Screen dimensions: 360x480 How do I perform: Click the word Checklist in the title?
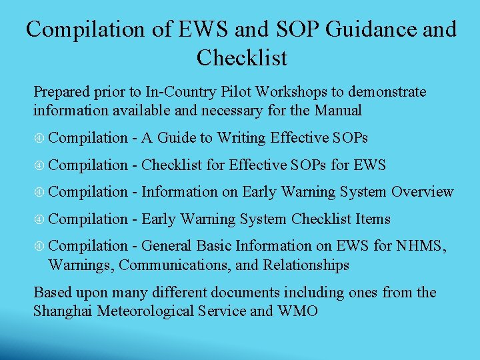click(241, 58)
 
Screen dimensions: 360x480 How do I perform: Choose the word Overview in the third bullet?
click(422, 192)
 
